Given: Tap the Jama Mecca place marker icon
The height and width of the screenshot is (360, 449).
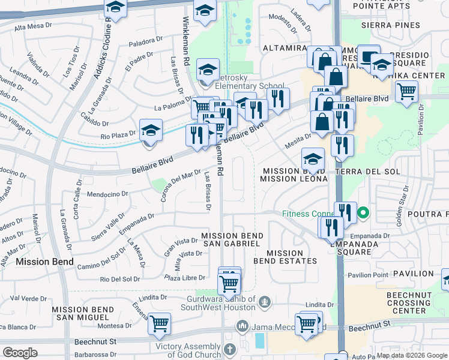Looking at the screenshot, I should tap(243, 327).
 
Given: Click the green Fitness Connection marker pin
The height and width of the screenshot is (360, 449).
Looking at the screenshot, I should tap(363, 213).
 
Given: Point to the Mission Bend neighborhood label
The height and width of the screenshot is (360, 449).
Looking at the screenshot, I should tap(45, 262).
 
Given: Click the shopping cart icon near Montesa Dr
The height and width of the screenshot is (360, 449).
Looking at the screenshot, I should tap(160, 324).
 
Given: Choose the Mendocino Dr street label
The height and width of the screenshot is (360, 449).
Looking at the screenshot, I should tap(108, 194).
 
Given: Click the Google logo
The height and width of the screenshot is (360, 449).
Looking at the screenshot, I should tap(20, 353).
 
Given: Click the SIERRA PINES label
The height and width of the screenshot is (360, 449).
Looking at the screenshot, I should tap(387, 25).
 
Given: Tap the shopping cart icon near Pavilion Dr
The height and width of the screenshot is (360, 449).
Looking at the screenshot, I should tap(407, 92).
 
